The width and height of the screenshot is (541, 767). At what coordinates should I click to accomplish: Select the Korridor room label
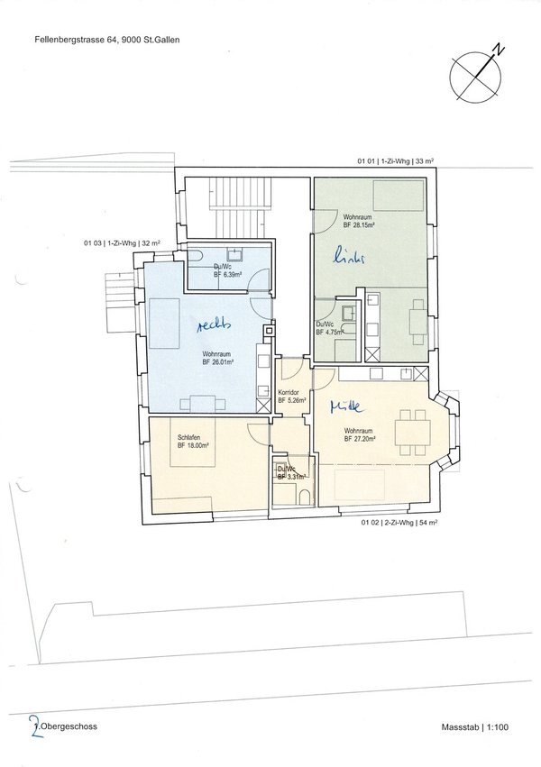[x=289, y=394]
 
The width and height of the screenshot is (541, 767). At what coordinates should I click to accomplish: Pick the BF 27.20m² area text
[x=358, y=439]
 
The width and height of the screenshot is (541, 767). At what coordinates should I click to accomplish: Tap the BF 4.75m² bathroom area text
[x=327, y=332]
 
